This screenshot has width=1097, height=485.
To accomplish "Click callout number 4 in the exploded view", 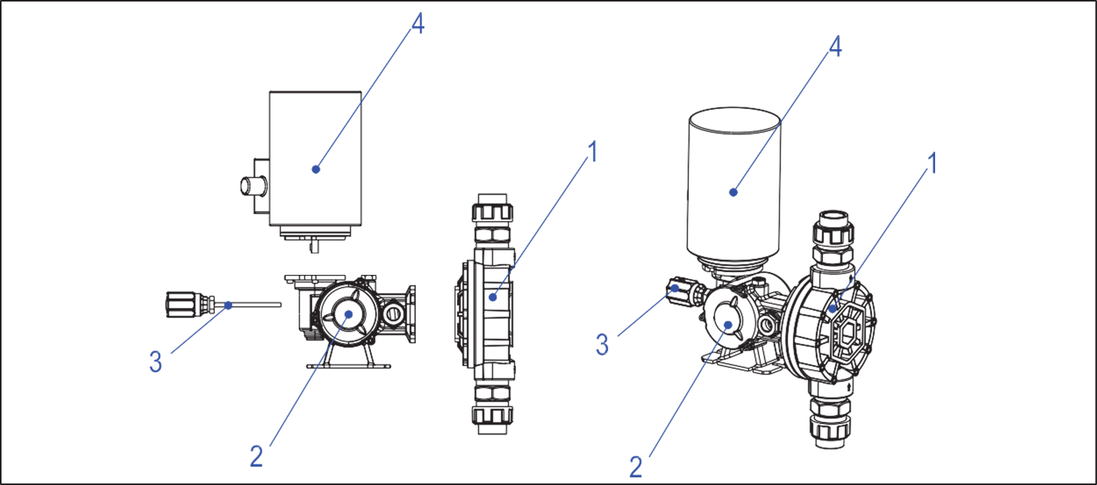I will pyautogui.click(x=417, y=24).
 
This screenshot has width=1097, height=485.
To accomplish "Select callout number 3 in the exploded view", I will pyautogui.click(x=156, y=362).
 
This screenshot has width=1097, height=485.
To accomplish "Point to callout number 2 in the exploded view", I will pyautogui.click(x=257, y=455).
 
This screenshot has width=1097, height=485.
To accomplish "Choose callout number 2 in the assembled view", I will pyautogui.click(x=636, y=465).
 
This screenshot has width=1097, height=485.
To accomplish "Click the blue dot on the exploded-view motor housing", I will pyautogui.click(x=316, y=169).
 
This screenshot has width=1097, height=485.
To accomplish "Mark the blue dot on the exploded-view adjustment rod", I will pyautogui.click(x=228, y=305).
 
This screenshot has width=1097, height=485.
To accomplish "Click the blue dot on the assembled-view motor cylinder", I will pyautogui.click(x=734, y=192).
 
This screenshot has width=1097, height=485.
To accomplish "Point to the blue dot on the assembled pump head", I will pyautogui.click(x=832, y=309).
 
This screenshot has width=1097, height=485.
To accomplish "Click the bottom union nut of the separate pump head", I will pyautogui.click(x=492, y=416).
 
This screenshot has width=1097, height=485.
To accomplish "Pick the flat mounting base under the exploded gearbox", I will pyautogui.click(x=348, y=366).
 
